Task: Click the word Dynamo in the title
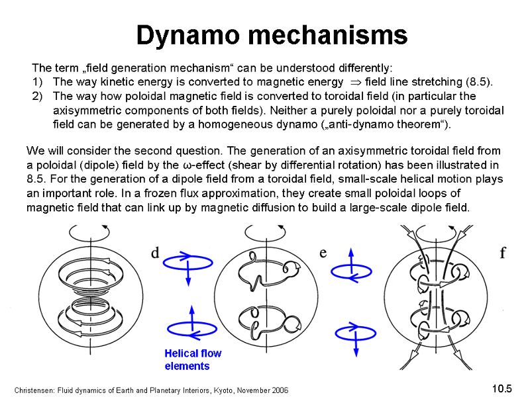188,36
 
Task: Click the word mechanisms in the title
328,34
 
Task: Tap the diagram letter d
155,253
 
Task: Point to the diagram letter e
323,253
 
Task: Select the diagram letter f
503,252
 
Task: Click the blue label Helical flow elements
193,359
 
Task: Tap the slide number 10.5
502,388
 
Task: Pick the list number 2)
38,96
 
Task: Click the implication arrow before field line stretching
356,82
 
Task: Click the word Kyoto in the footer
224,390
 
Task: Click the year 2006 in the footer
280,390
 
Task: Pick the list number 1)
38,82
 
